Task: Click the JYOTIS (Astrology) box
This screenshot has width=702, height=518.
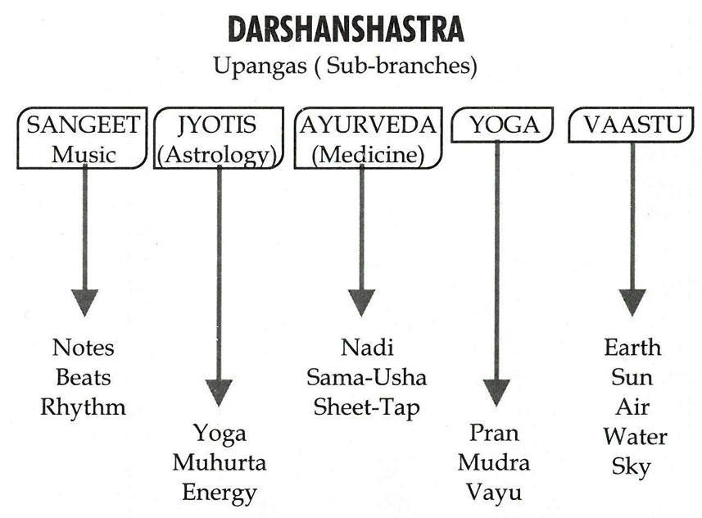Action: click(x=216, y=139)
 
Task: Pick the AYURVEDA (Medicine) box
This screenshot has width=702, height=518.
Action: click(x=366, y=139)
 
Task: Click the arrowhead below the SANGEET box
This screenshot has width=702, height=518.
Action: click(x=84, y=302)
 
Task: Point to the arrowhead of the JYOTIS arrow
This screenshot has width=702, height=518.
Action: click(x=219, y=392)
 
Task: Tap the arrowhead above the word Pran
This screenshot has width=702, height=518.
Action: click(x=496, y=392)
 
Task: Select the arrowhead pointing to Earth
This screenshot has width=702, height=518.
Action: click(x=632, y=302)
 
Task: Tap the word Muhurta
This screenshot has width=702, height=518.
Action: click(x=219, y=462)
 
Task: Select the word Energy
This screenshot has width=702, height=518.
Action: click(x=219, y=493)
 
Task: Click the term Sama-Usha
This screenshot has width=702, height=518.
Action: click(x=366, y=377)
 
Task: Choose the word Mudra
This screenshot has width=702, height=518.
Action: click(x=494, y=462)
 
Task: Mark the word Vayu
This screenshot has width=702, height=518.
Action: click(x=494, y=493)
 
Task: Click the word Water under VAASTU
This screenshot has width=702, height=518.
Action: click(x=635, y=436)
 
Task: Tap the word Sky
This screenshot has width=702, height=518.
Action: click(x=631, y=466)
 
